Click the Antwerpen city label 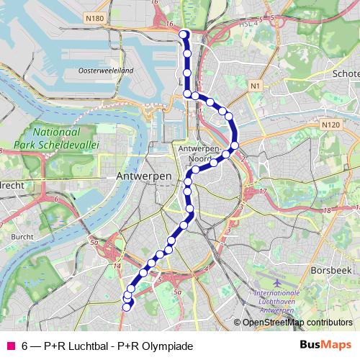144,176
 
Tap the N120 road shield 331,125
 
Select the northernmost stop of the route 184,34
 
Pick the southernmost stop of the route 126,307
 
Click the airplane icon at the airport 279,282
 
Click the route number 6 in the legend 25,346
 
